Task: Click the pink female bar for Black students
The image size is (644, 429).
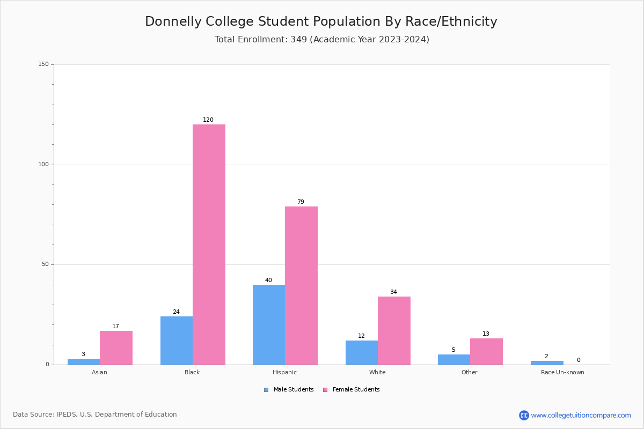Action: (209, 245)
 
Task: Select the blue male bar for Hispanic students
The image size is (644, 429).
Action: (269, 324)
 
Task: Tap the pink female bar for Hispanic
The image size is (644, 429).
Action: (301, 285)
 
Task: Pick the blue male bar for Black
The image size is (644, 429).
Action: (177, 341)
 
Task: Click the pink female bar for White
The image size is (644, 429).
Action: (394, 330)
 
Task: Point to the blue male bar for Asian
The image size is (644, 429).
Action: (84, 361)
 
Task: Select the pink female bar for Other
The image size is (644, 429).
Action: (486, 351)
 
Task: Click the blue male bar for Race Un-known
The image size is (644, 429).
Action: (547, 363)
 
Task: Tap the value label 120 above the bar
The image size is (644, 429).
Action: (208, 120)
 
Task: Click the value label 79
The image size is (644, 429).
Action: (301, 202)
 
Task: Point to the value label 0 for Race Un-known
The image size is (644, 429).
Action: (579, 360)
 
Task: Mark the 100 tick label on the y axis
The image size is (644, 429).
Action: (43, 164)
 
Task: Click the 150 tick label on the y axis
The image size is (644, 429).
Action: (43, 64)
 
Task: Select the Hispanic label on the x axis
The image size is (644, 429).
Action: (284, 372)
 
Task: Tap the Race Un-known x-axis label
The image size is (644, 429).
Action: (562, 372)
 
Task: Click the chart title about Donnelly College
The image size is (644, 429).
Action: (321, 21)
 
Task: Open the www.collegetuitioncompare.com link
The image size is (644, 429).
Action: (581, 415)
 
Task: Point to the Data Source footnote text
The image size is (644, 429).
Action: (95, 415)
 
